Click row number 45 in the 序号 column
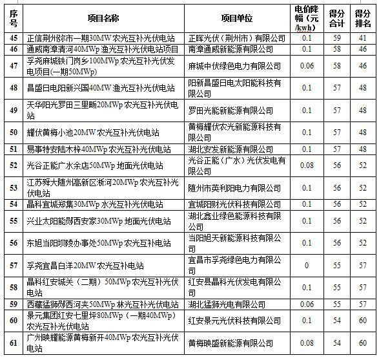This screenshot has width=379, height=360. click(x=14, y=38)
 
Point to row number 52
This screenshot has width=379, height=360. click(x=14, y=165)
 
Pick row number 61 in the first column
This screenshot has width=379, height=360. click(x=14, y=343)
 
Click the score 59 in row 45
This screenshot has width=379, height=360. click(x=337, y=38)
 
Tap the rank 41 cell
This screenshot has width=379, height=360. click(x=363, y=38)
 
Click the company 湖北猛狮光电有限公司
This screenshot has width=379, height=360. click(x=226, y=304)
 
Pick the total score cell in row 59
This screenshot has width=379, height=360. click(x=337, y=304)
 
